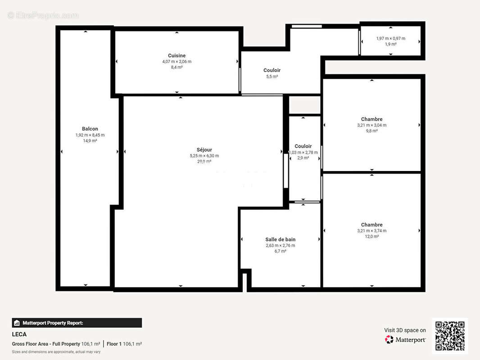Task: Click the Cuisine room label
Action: (177, 55)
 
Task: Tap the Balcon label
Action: (90, 129)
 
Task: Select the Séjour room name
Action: (204, 150)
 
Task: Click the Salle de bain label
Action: (280, 239)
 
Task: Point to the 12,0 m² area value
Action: (371, 236)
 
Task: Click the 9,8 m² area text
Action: (371, 131)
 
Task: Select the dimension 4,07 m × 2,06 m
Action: (177, 62)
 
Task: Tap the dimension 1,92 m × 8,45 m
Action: (90, 135)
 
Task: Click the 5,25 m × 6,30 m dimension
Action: (204, 156)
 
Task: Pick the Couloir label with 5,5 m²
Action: (272, 70)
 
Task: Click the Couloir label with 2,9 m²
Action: (303, 146)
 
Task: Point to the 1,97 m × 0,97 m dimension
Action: (390, 39)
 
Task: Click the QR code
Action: (450, 336)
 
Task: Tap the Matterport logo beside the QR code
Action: (405, 340)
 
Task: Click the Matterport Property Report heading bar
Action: (77, 323)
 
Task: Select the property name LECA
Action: (19, 334)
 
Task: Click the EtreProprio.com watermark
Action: (43, 16)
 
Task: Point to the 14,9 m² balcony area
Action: (90, 141)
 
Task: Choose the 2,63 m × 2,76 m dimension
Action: (280, 246)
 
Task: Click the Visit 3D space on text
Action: (405, 330)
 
